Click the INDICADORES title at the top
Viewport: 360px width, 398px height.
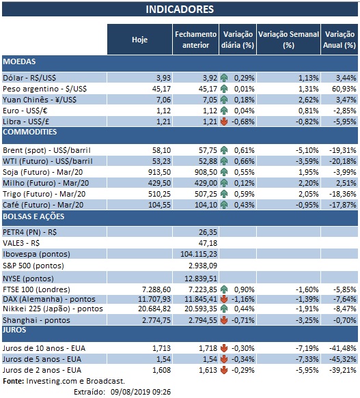tap(180, 10)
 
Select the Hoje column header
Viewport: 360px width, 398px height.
tap(139, 40)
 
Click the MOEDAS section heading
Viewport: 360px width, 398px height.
tap(20, 61)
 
